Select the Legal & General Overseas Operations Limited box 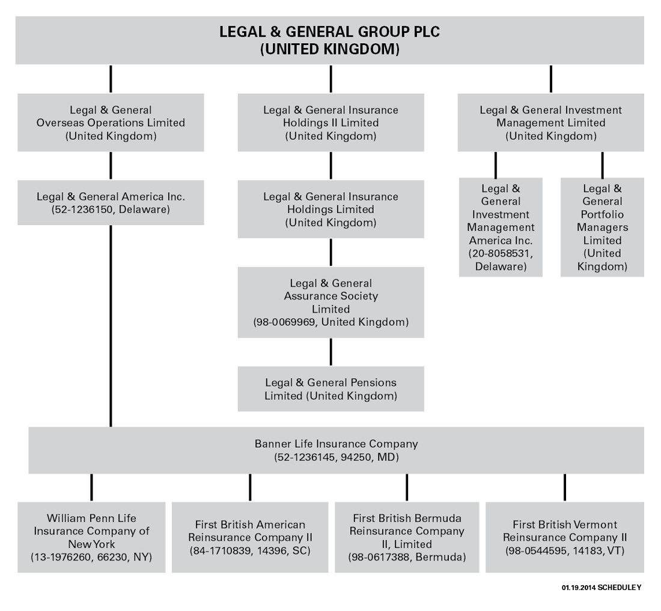click(x=111, y=122)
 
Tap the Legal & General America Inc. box click(x=111, y=203)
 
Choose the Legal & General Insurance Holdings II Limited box click(x=330, y=122)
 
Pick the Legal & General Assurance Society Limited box click(x=330, y=302)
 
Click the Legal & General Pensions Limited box click(x=330, y=389)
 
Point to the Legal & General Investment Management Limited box click(x=550, y=122)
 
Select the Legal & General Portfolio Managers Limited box click(x=602, y=227)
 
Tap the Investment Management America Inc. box click(x=501, y=227)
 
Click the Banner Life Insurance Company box click(x=336, y=450)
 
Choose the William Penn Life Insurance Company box click(x=91, y=537)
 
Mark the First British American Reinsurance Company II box click(x=250, y=537)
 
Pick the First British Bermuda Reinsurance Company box click(x=407, y=537)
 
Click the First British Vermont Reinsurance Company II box click(x=564, y=537)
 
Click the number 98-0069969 click(x=286, y=322)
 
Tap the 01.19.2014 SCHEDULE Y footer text click(x=601, y=588)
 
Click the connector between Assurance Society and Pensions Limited click(x=330, y=352)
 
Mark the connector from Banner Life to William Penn click(x=91, y=487)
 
